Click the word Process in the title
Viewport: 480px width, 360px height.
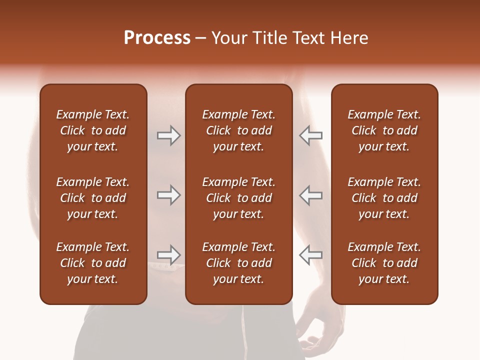click(157, 38)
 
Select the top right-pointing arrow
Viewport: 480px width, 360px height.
click(168, 135)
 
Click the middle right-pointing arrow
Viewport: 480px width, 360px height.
click(168, 195)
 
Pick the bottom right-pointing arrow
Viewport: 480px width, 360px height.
click(168, 254)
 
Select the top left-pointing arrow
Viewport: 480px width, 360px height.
click(310, 135)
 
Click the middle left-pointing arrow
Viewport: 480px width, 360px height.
click(310, 195)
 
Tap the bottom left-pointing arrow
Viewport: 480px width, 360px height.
click(310, 254)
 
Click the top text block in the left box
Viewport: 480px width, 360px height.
click(93, 130)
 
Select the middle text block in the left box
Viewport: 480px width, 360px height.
click(93, 198)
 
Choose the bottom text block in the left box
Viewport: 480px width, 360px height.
click(93, 263)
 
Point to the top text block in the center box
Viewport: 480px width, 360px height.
click(238, 130)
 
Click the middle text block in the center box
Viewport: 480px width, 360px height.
click(238, 198)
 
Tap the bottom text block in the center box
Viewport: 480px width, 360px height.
click(238, 263)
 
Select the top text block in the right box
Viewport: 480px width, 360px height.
click(384, 130)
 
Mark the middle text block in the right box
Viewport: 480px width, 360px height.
click(384, 198)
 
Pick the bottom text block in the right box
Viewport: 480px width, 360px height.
click(384, 263)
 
